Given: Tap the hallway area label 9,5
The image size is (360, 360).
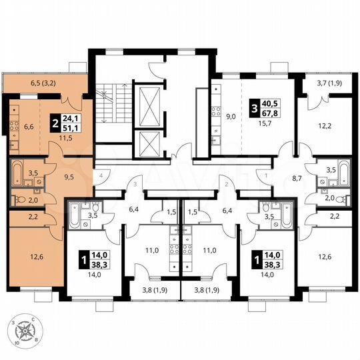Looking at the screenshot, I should click(x=68, y=178).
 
